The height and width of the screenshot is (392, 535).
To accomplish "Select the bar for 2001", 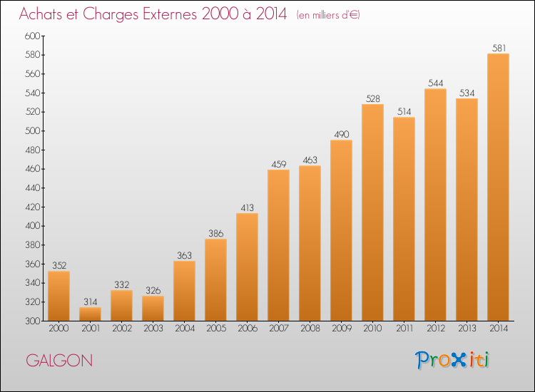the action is pos(90,314).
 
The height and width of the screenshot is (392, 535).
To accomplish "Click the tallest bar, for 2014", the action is pos(498,187).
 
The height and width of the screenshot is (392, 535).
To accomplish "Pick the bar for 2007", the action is pos(278,245).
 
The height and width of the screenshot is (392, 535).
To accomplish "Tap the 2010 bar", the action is pos(372,212).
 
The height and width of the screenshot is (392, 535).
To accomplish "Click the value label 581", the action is pos(499,48).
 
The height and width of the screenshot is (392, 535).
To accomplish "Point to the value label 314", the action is pos(91,301).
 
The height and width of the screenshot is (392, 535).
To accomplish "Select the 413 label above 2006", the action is pos(248,207).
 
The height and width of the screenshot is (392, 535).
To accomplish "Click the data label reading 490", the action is pos(342,134).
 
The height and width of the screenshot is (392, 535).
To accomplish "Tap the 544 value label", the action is pos(436,83).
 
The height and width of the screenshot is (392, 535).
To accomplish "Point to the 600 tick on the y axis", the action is pos(32,36).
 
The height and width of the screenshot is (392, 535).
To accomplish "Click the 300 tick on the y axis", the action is pos(32,321).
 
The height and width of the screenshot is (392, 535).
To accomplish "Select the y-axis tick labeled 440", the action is pos(32,188).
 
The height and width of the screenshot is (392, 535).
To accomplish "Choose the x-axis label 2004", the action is pos(185,329).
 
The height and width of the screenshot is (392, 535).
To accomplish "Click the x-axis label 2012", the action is pos(436,329).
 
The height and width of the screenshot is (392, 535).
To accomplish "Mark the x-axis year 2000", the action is pos(58,329).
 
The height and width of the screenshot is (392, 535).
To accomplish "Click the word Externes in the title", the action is pos(170,14).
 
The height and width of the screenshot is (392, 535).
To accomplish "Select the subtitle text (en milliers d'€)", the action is pos(328,15).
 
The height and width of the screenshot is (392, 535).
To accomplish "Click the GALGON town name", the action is pos(59,361).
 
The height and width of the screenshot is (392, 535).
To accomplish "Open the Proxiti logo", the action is pos(452,360).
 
